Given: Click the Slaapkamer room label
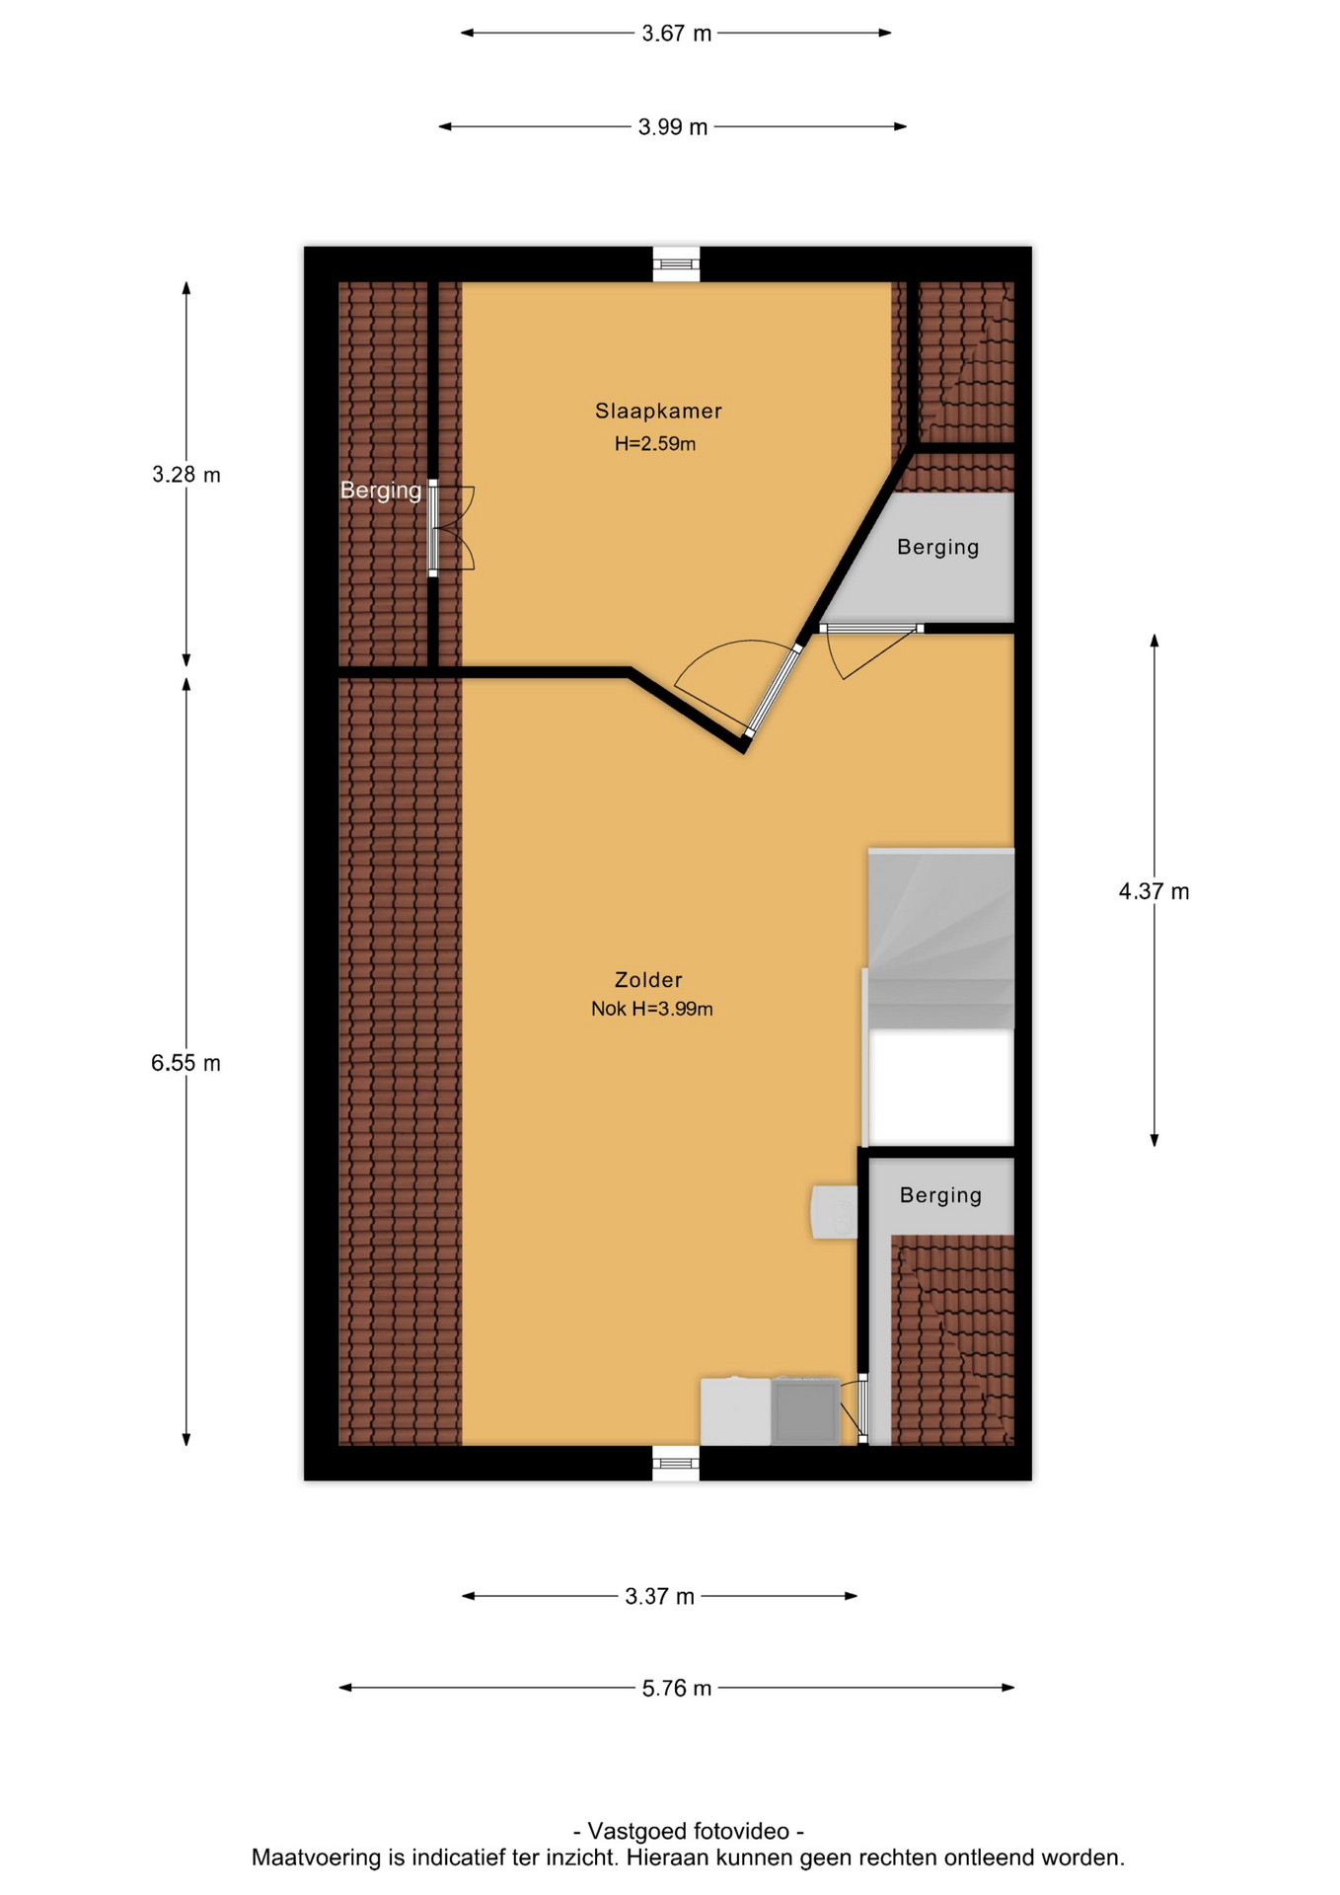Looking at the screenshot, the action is pos(658,411).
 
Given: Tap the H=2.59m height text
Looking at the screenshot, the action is pos(655,444).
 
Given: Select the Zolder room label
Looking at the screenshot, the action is pos(648,980).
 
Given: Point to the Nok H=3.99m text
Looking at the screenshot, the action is pos(651,1009).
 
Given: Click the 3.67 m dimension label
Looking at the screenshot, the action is pos(676,34).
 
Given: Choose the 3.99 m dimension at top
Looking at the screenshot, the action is pos(672,127).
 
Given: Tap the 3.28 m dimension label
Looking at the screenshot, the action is pos(186,475).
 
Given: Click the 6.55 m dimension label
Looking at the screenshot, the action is pos(186,1063).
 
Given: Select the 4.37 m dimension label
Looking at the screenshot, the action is pos(1154,891).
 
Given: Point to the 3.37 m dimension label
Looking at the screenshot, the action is pos(659,1596).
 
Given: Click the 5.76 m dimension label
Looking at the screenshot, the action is pos(676,1688).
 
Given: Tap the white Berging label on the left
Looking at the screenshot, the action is pos(381,491).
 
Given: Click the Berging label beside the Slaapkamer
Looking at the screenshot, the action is pos(937,548).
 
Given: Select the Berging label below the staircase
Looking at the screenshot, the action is pos(940,1195).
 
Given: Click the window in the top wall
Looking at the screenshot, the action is pos(676,264).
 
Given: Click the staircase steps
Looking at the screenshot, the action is pos(940,939).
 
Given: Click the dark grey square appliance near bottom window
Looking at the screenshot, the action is pos(805,1411).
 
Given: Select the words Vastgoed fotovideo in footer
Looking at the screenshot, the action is pos(689,1831).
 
